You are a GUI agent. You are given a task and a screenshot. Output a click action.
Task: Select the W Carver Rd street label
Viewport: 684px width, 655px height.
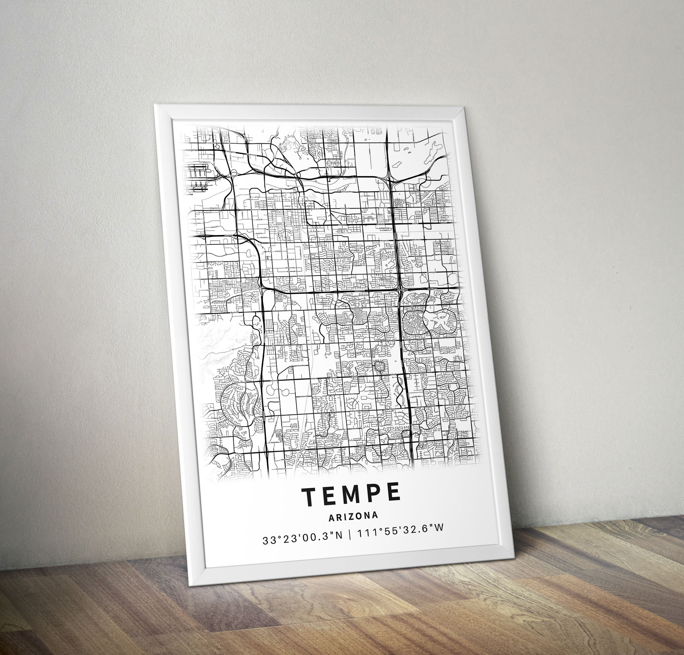[x=303, y=397]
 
